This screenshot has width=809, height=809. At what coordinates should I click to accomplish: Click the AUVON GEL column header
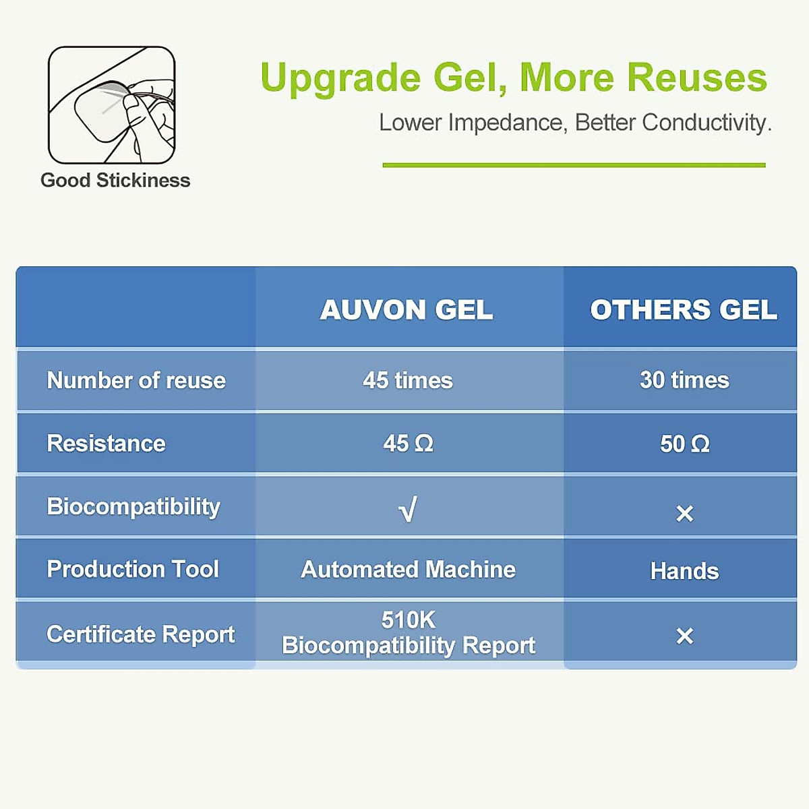[x=407, y=309]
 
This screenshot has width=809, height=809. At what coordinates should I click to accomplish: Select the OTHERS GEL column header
[x=684, y=309]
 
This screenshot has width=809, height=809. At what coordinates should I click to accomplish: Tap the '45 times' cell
[x=408, y=380]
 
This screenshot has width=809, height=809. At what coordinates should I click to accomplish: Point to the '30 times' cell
[x=684, y=380]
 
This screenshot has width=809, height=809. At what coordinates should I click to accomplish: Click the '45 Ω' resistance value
[x=408, y=444]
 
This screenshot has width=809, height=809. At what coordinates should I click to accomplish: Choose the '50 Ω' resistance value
[x=684, y=444]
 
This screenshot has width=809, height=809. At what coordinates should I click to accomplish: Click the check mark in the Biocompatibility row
[x=408, y=509]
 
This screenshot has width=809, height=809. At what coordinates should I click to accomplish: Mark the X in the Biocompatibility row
[x=684, y=514]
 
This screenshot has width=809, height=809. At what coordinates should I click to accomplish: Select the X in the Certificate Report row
[x=684, y=636]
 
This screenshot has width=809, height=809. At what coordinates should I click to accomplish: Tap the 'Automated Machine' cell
[x=408, y=570]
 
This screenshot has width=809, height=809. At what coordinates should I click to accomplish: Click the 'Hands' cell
[x=684, y=571]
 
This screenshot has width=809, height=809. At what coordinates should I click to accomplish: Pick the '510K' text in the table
[x=408, y=620]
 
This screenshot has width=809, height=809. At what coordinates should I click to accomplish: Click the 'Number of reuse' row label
[x=136, y=380]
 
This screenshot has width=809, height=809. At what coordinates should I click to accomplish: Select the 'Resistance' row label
[x=106, y=444]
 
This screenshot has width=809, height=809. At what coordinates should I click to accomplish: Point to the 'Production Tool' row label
[x=133, y=569]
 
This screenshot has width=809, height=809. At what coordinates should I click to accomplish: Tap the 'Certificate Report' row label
[x=140, y=634]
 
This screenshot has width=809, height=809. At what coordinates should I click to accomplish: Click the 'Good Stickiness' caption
[x=115, y=181]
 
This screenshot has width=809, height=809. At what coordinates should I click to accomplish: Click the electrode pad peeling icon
[x=112, y=105]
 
